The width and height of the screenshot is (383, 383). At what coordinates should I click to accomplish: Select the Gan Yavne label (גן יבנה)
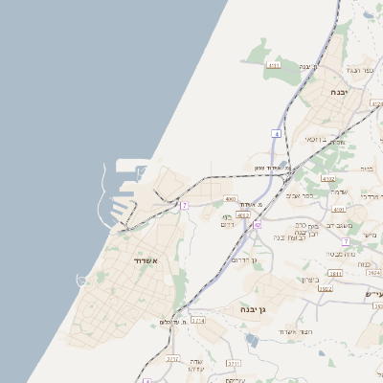[x=247, y=310]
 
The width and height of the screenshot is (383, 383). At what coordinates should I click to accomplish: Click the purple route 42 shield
[x=258, y=226]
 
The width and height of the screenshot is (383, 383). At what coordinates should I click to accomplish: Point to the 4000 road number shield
[x=230, y=199]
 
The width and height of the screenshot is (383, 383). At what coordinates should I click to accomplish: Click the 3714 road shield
[x=198, y=321]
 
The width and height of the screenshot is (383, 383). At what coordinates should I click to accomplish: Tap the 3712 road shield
[x=173, y=359]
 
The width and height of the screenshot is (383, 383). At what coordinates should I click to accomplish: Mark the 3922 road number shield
[x=325, y=287]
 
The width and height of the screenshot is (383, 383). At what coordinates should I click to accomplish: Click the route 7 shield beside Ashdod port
[x=184, y=206]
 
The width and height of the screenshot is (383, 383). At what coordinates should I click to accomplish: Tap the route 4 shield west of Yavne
[x=277, y=135]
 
